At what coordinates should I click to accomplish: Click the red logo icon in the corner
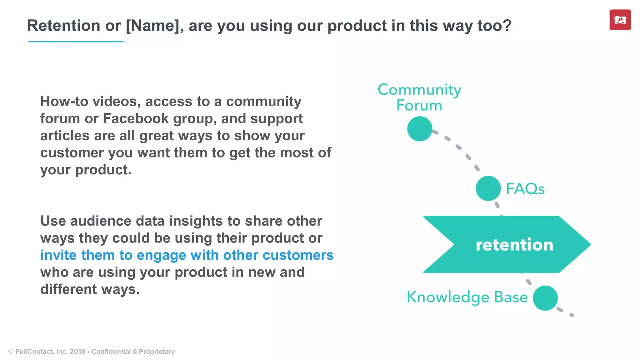(620, 20)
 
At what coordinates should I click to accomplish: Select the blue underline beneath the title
(76, 41)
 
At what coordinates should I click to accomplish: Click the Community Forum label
(419, 97)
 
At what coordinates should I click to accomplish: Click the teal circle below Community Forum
(420, 129)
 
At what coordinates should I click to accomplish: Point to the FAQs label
(525, 189)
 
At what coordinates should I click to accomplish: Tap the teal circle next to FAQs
(488, 188)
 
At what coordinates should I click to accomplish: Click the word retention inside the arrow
(514, 245)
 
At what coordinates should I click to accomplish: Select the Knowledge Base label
(467, 297)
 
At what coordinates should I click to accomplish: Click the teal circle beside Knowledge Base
(545, 298)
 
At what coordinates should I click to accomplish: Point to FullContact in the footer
(34, 352)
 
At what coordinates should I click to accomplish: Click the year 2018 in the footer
(77, 352)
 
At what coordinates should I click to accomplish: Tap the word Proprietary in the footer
(157, 352)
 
